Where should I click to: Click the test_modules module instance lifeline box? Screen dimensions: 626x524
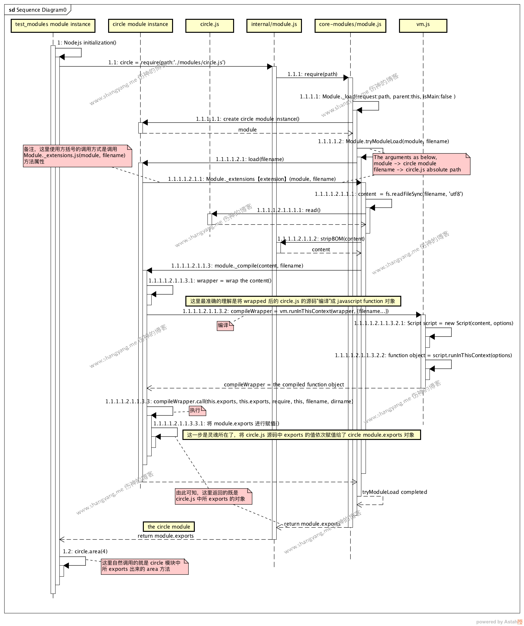tap(53, 25)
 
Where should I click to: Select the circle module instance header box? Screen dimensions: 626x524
tap(140, 25)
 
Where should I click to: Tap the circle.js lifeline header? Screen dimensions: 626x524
tap(209, 25)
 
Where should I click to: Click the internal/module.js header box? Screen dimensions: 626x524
tap(274, 25)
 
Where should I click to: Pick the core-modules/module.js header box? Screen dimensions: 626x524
tap(350, 25)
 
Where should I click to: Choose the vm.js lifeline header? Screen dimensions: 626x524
tap(423, 25)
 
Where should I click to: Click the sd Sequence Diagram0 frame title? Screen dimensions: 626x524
tap(38, 10)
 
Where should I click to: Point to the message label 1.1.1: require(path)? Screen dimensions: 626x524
tap(312, 74)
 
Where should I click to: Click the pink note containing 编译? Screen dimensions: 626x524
tap(225, 325)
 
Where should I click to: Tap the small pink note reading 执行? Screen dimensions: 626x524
tap(197, 410)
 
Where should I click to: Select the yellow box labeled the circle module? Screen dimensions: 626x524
tap(169, 527)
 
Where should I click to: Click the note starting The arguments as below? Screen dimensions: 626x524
tap(421, 164)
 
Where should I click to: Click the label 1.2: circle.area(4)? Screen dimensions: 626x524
tap(85, 551)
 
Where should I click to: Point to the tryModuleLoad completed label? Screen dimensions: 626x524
tap(394, 492)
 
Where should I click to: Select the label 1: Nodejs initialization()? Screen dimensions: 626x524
tap(87, 43)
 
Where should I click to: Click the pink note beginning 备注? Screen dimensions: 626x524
tap(77, 156)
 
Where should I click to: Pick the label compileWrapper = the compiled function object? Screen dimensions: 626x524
tap(284, 384)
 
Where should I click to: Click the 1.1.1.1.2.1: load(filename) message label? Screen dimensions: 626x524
tap(250, 159)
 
